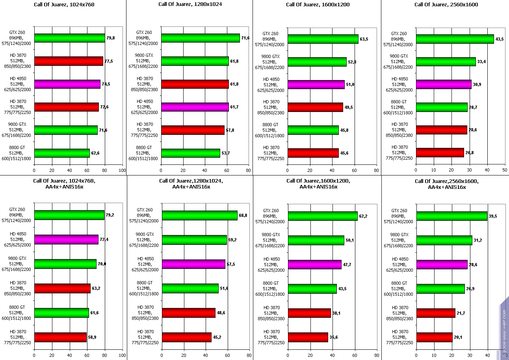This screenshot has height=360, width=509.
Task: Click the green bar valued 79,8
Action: pos(70,38)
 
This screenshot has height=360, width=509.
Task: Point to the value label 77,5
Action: pos(109,61)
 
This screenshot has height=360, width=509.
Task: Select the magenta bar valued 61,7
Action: pos(195,107)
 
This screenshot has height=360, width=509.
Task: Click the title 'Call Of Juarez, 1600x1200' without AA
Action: pos(318,5)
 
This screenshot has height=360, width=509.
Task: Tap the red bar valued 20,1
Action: pos(434,337)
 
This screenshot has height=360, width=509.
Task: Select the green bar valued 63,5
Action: pos(323,39)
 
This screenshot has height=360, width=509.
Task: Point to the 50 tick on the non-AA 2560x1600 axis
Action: pos(505,170)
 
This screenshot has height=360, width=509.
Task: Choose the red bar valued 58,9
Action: pos(60,337)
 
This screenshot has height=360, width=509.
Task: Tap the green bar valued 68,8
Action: pos(199,215)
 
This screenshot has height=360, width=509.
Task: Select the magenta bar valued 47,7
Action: pos(314,264)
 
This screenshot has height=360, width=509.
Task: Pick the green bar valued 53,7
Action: pos(190,153)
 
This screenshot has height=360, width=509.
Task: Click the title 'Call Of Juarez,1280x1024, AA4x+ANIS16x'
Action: pos(191,184)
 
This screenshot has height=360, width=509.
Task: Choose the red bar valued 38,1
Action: pos(309,313)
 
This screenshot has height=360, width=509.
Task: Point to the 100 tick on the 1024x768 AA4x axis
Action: pos(123,355)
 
